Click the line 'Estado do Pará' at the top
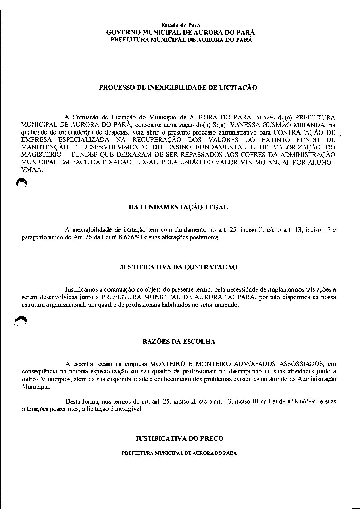(x=180, y=25)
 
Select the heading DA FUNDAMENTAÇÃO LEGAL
(x=178, y=208)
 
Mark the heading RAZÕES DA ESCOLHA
(x=179, y=342)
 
